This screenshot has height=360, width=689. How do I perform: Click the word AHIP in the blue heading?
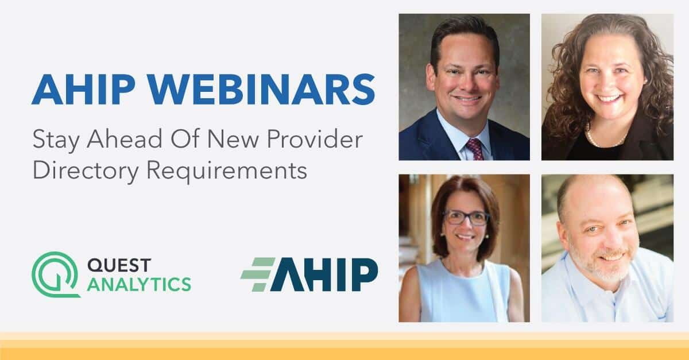[x=84, y=90]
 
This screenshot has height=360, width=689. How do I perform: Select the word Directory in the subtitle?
[x=86, y=171]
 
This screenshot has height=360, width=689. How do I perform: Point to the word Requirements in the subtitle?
[x=227, y=170]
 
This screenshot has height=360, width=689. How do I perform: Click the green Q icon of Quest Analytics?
[x=56, y=274]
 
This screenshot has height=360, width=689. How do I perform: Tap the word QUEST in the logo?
[x=119, y=265]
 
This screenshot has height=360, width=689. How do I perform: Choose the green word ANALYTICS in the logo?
[x=139, y=284]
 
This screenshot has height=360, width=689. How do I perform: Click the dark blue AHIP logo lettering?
[x=324, y=274]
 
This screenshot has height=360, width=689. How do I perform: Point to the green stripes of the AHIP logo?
[x=258, y=274]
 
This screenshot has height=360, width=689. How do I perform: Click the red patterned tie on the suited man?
[x=475, y=149]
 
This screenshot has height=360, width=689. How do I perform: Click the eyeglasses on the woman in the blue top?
[x=466, y=218]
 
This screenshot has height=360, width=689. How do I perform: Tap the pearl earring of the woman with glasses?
[x=442, y=235]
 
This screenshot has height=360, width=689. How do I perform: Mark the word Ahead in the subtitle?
[x=125, y=140]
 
